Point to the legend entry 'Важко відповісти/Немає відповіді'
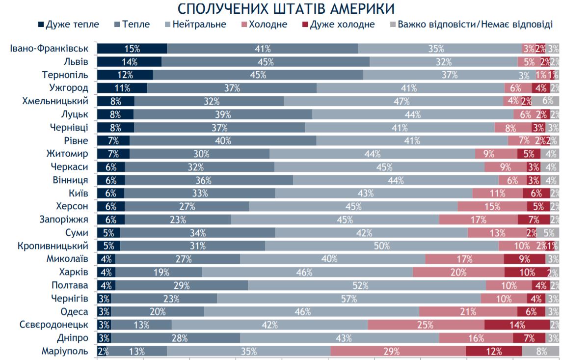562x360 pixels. pyautogui.click(x=474, y=24)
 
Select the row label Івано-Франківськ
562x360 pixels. pyautogui.click(x=49, y=49)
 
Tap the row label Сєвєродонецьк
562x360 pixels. pyautogui.click(x=54, y=325)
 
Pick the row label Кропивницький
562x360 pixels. pyautogui.click(x=53, y=246)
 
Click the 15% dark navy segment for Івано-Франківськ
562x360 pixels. pyautogui.click(x=132, y=49)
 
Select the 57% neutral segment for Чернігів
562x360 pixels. pyautogui.click(x=349, y=299)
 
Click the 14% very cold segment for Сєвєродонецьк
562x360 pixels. pyautogui.click(x=517, y=325)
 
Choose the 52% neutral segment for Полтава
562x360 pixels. pyautogui.click(x=367, y=285)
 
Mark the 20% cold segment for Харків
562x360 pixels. pyautogui.click(x=458, y=272)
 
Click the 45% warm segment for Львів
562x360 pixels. pyautogui.click(x=266, y=62)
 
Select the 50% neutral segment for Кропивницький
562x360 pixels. pyautogui.click(x=382, y=246)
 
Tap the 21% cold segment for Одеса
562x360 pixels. pyautogui.click(x=468, y=312)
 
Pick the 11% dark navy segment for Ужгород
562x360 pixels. pyautogui.click(x=122, y=88)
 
